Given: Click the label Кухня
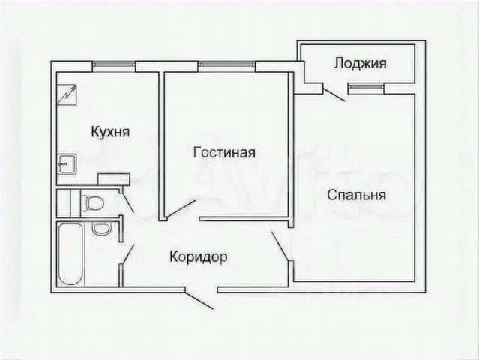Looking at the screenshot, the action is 110,132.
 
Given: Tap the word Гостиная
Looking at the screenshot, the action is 224,152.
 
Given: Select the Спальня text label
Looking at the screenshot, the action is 356,196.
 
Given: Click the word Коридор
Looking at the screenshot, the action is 199,256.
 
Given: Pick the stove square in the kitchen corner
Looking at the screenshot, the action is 68,94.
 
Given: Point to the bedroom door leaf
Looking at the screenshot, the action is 280,247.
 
